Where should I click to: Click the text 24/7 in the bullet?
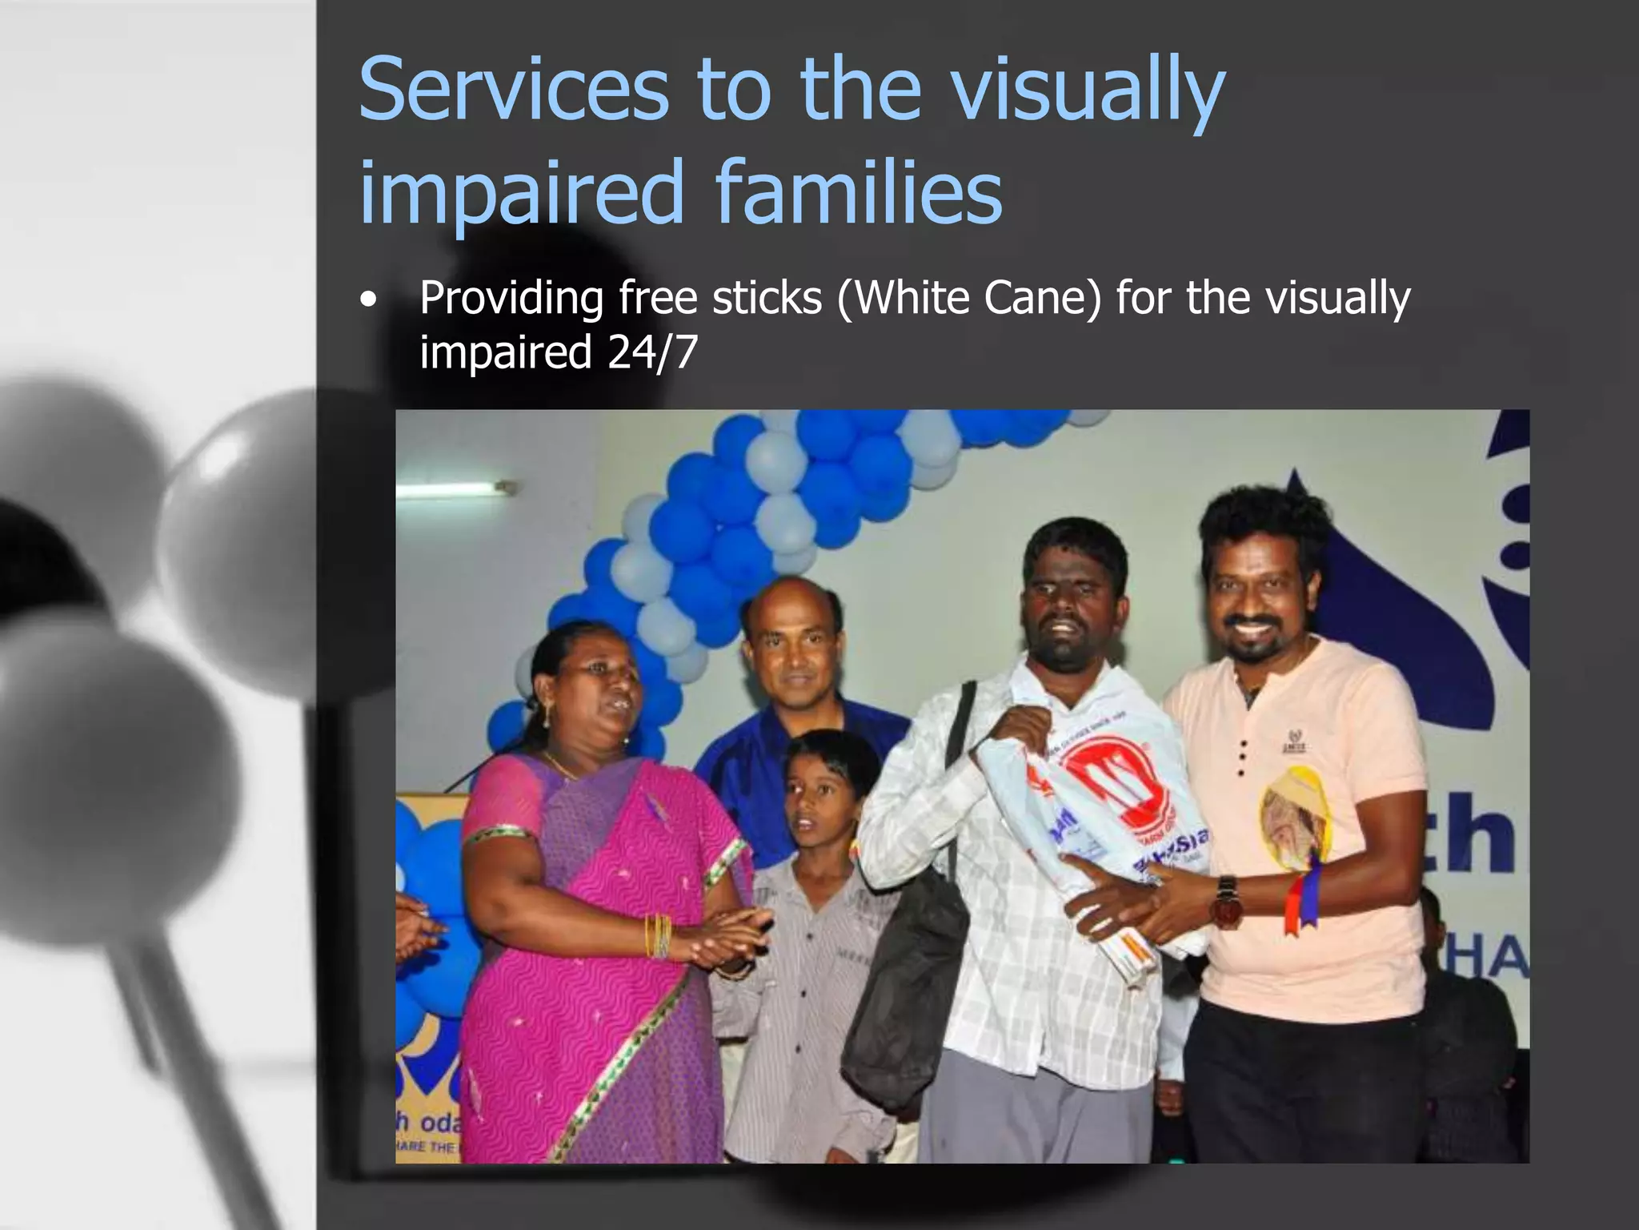tap(652, 352)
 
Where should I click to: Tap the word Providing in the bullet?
tap(511, 298)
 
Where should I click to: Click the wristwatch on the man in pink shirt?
tap(1224, 900)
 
